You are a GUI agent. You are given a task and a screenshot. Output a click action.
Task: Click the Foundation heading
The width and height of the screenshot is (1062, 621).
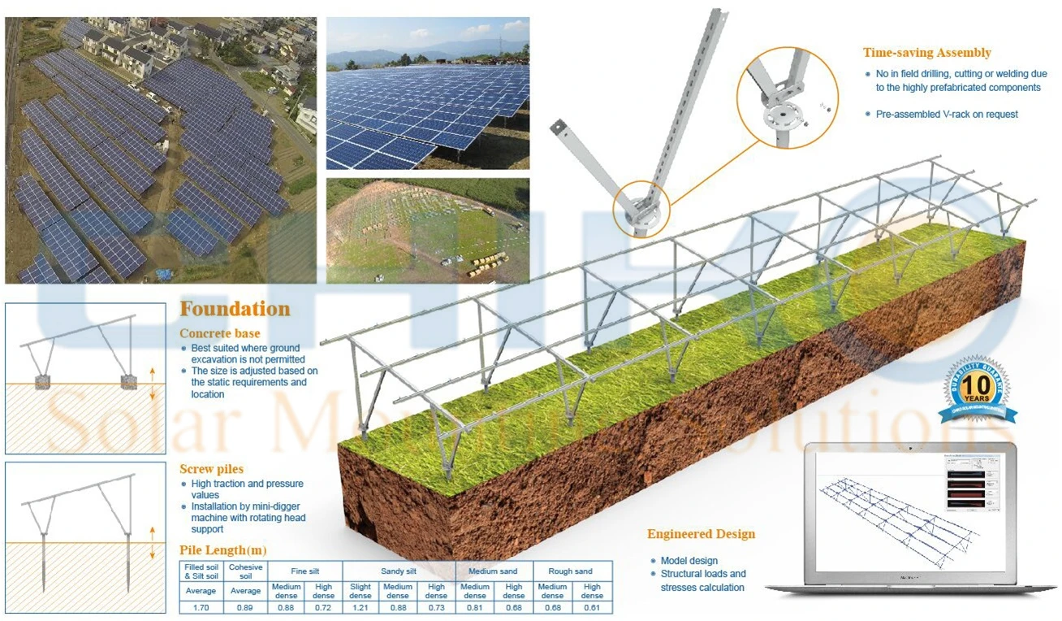235,309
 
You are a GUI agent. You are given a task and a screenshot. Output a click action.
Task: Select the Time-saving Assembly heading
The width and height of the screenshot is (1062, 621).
926,53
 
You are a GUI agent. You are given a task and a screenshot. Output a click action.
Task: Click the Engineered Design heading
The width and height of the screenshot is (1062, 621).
701,534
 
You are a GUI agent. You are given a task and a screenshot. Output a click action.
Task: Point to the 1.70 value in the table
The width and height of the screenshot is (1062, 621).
200,606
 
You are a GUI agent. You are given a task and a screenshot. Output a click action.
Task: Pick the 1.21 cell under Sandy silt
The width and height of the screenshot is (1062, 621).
360,606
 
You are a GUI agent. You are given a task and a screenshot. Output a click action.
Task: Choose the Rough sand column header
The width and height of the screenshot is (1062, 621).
572,571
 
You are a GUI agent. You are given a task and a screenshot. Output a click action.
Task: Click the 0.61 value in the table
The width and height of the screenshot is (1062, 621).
592,606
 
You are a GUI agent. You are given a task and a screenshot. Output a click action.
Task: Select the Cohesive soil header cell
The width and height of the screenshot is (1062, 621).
245,571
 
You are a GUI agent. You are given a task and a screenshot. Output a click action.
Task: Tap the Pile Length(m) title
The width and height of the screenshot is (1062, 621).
222,550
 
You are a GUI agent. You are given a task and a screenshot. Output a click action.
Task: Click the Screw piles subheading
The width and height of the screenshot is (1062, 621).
211,469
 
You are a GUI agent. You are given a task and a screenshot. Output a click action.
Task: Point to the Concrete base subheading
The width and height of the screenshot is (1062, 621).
219,333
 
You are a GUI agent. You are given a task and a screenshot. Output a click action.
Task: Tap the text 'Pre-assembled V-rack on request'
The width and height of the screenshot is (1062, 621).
947,114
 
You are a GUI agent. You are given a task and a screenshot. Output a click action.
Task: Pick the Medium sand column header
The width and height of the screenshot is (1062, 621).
494,571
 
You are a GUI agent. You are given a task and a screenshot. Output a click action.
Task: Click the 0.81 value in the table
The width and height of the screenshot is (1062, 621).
474,606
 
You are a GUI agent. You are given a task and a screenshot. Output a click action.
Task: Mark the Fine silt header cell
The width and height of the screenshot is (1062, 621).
304,571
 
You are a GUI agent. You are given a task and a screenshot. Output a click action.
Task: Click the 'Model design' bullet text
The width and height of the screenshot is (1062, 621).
689,561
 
